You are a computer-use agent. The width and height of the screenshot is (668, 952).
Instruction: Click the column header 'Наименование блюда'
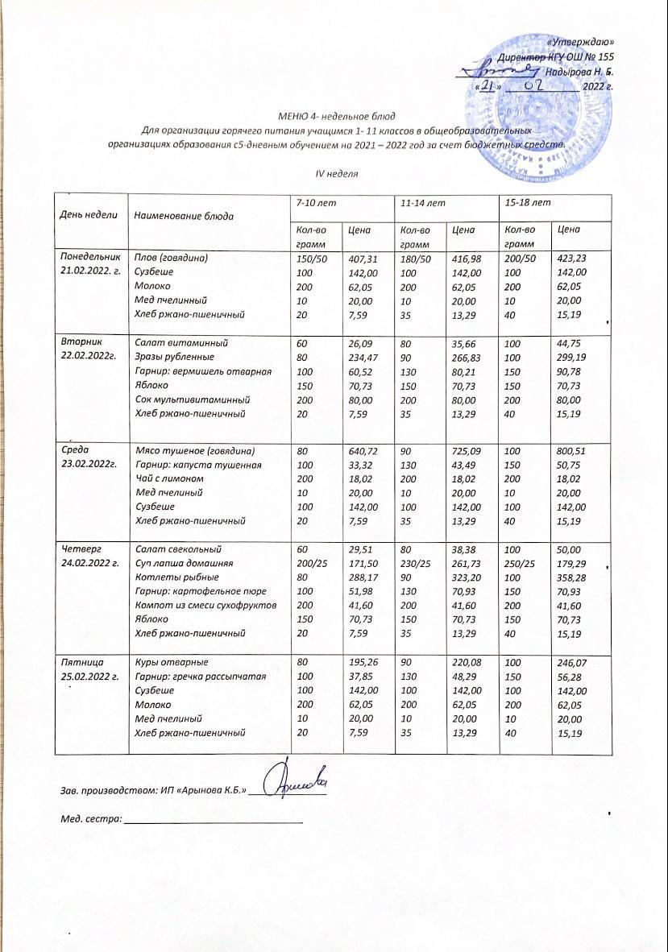185,216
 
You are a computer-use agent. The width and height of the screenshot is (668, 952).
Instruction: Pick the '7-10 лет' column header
314,202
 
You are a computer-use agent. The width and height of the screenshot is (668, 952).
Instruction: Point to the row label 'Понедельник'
89,258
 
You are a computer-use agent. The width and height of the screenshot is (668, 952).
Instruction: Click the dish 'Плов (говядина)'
172,259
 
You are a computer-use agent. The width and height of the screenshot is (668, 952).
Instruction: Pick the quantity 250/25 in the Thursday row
519,563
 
